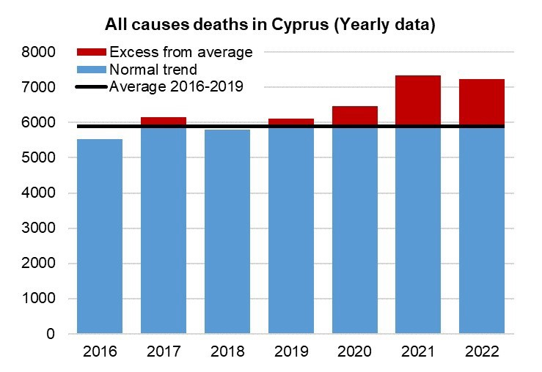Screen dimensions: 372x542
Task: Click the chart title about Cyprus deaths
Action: click(270, 25)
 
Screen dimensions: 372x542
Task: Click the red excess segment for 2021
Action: click(419, 100)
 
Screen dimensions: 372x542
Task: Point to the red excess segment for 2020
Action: click(355, 116)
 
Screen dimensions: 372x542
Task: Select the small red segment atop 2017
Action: click(164, 121)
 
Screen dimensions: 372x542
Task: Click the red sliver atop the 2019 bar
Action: click(291, 122)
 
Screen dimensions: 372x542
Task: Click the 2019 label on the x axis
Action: click(291, 353)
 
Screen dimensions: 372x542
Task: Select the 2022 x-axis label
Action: click(483, 353)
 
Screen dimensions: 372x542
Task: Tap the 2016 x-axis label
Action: click(100, 353)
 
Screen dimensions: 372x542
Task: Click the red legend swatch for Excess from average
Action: click(92, 53)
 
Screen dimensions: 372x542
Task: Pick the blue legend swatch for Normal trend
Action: click(92, 70)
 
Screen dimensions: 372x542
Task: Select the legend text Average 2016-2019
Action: click(176, 87)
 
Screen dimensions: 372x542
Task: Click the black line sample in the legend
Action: click(92, 87)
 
